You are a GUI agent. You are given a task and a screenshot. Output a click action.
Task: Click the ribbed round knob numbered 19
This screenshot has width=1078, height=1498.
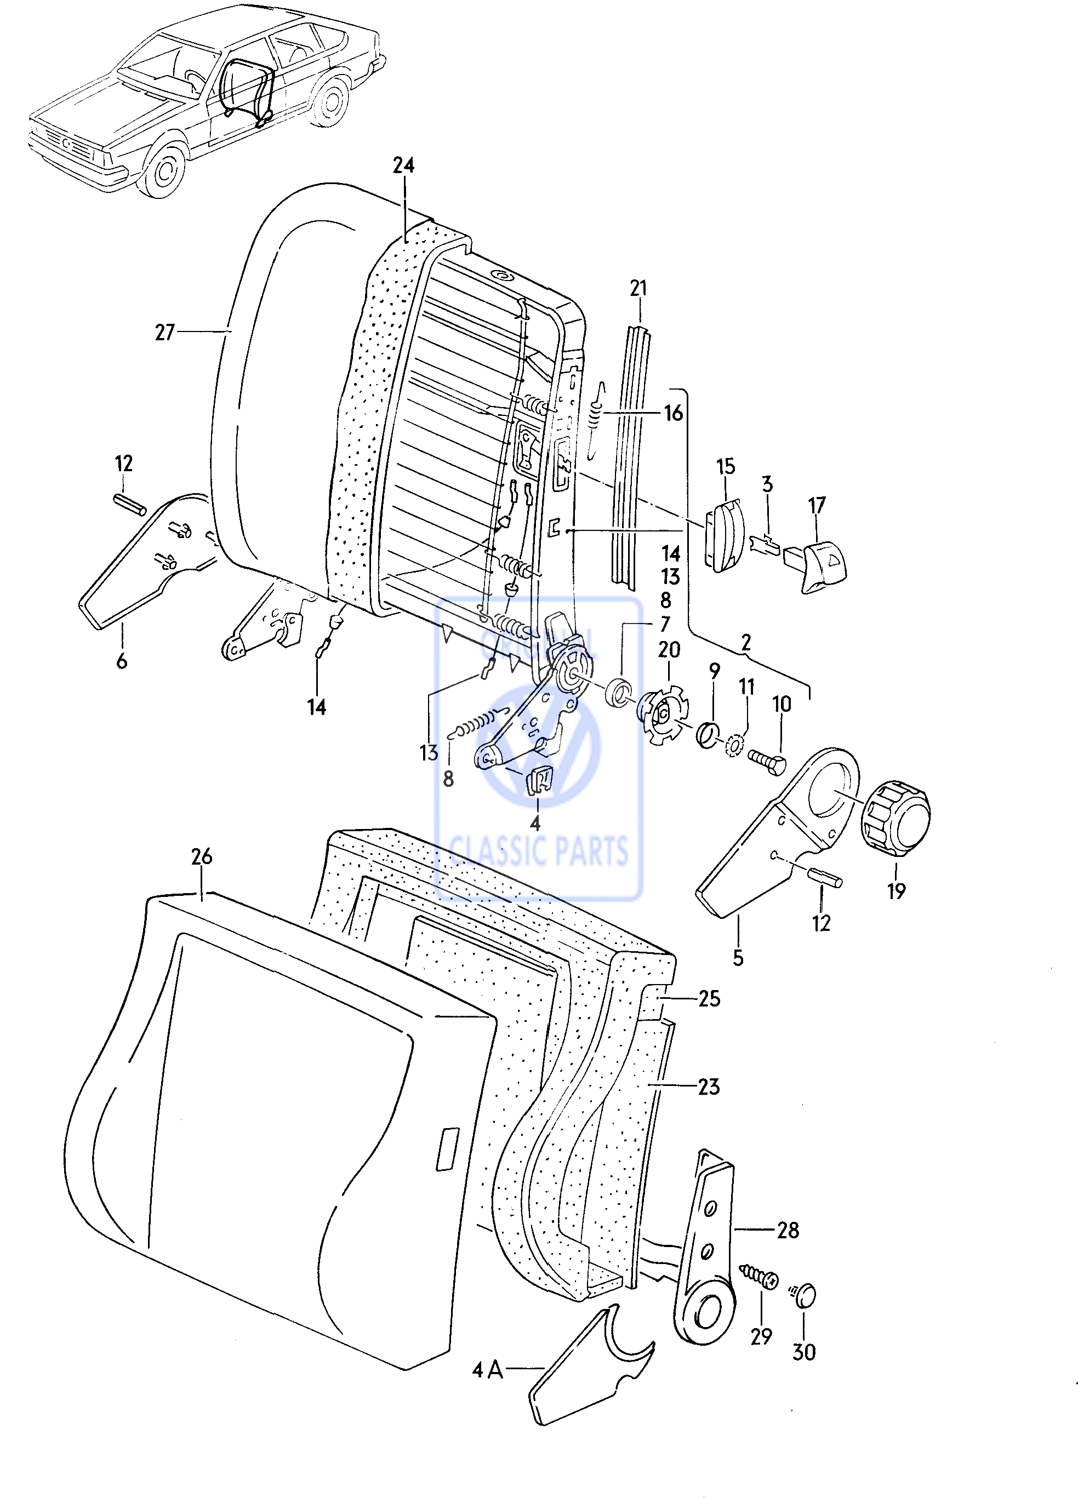click(895, 817)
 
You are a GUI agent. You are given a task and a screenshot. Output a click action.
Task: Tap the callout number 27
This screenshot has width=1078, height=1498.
click(164, 332)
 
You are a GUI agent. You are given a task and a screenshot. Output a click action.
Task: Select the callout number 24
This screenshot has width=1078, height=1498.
click(403, 165)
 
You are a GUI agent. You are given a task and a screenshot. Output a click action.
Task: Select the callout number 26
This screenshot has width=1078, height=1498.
click(202, 856)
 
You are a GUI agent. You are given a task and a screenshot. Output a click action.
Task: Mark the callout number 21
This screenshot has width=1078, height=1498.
click(638, 289)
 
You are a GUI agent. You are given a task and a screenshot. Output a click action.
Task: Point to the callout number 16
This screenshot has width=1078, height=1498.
click(672, 414)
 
